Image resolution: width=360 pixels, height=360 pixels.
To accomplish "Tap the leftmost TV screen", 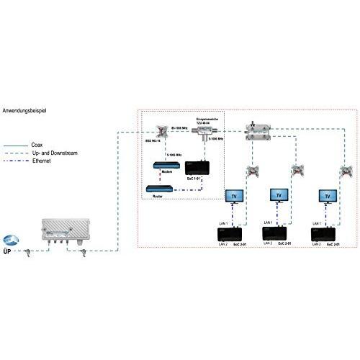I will coord(234,195).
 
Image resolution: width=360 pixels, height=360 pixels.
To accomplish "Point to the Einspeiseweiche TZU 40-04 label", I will coord(207,120).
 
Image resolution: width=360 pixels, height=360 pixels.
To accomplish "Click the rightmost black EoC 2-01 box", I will coord(325,234).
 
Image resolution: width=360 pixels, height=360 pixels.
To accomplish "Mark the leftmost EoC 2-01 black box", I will coord(233,234).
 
